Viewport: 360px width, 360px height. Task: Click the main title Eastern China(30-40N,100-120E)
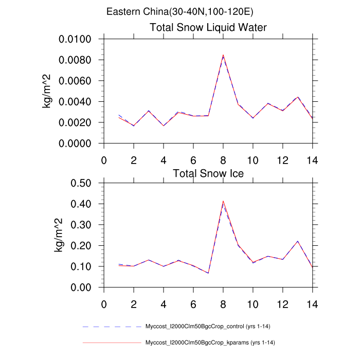(179, 11)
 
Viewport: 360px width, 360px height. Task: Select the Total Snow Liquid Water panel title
(208, 27)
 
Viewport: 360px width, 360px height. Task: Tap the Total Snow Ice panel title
(208, 173)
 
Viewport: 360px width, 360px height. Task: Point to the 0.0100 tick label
(75, 40)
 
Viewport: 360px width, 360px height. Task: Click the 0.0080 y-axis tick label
(75, 60)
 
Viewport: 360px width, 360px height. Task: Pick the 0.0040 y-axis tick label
(75, 102)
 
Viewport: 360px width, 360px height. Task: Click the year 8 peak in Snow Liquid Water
(223, 55)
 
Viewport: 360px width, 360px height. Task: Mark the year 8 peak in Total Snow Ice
(223, 202)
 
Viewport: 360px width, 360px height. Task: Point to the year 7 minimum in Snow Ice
(208, 273)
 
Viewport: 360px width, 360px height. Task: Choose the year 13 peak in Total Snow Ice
(298, 241)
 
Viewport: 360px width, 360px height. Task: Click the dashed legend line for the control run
(112, 327)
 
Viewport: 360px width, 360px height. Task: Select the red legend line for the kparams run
(112, 342)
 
